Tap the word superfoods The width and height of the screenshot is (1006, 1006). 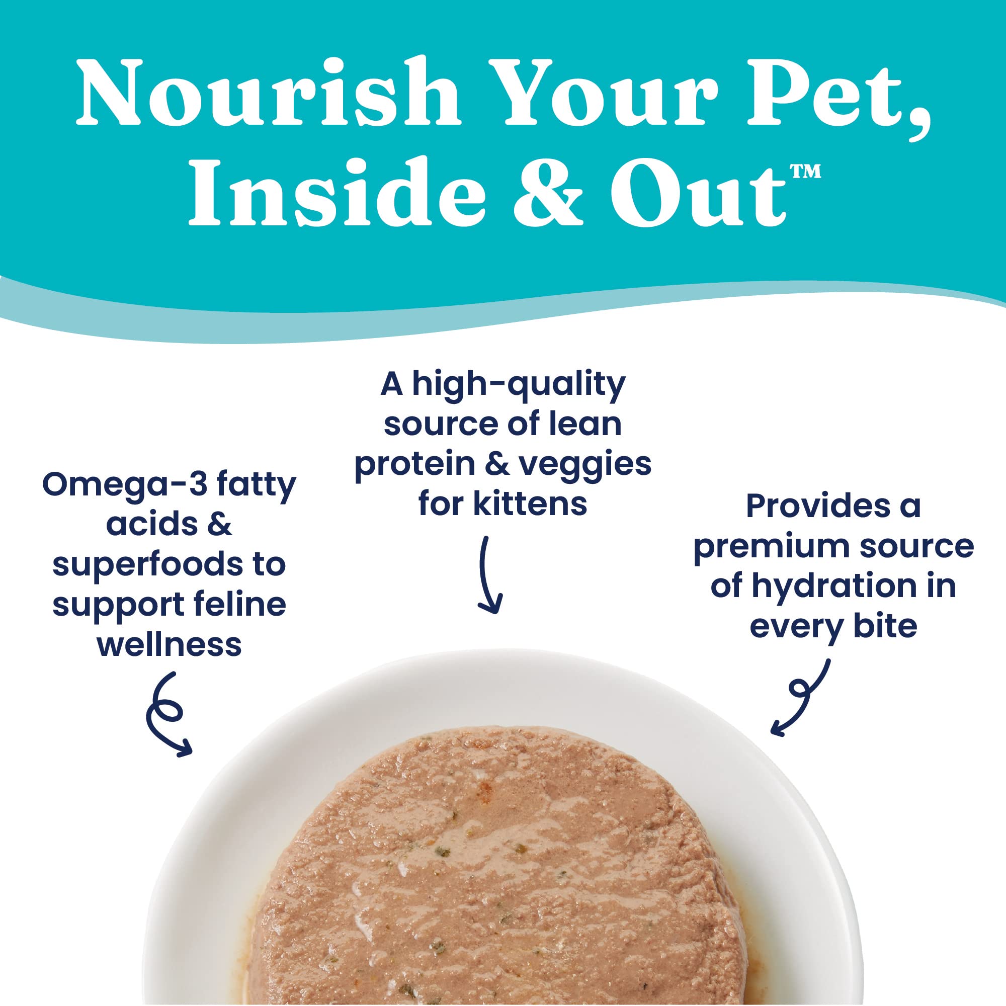tap(147, 565)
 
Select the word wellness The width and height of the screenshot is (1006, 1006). tap(169, 645)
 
